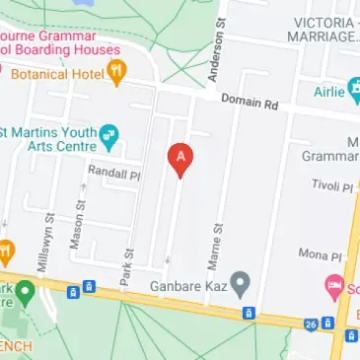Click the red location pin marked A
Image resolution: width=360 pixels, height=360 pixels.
[180, 158]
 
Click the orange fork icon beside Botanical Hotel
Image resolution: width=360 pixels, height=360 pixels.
[116, 71]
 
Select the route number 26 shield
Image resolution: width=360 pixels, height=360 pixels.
[310, 324]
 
